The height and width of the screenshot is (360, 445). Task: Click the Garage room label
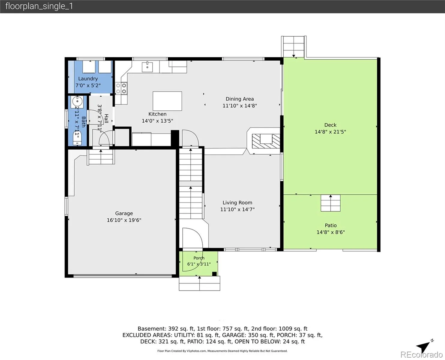pyautogui.click(x=124, y=213)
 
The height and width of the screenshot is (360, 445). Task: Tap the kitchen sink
pyautogui.click(x=147, y=67)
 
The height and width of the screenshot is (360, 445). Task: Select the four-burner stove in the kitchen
pyautogui.click(x=121, y=88)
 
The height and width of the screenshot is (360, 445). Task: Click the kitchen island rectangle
pyautogui.click(x=167, y=101)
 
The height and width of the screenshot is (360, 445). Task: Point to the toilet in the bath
pyautogui.click(x=77, y=138)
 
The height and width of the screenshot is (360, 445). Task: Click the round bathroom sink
pyautogui.click(x=77, y=101)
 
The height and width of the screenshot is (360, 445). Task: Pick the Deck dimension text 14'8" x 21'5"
pyautogui.click(x=330, y=132)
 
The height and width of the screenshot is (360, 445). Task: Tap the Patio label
pyautogui.click(x=330, y=225)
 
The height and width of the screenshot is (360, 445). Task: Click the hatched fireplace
pyautogui.click(x=266, y=141)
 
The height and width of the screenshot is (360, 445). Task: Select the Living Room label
pyautogui.click(x=237, y=202)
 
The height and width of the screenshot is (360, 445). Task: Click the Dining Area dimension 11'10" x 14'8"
pyautogui.click(x=240, y=106)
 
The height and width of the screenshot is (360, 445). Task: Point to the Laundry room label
pyautogui.click(x=88, y=79)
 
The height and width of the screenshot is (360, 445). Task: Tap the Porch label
pyautogui.click(x=199, y=258)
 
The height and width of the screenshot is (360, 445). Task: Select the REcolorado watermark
pyautogui.click(x=421, y=354)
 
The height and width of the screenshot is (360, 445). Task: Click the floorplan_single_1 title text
pyautogui.click(x=39, y=6)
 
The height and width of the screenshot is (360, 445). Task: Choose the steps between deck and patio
pyautogui.click(x=330, y=203)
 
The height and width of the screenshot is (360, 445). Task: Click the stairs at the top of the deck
pyautogui.click(x=294, y=46)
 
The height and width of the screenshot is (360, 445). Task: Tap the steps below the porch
pyautogui.click(x=199, y=283)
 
